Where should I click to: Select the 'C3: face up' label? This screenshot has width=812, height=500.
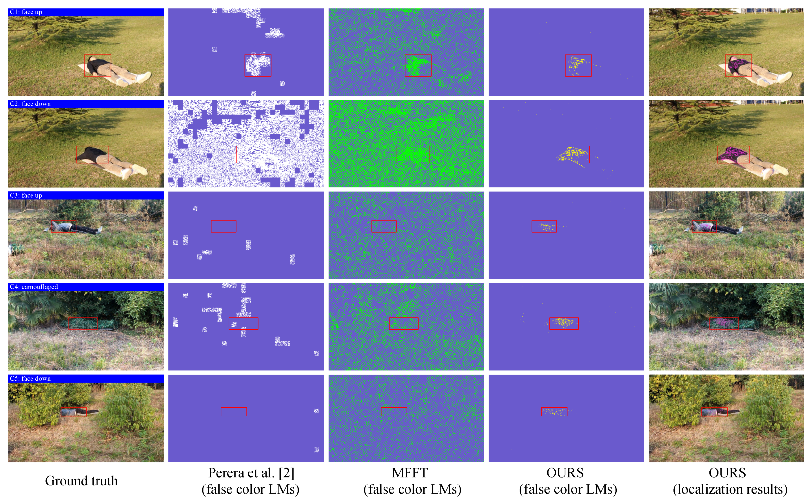coord(26,195)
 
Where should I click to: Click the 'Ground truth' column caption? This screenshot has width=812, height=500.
coord(81,481)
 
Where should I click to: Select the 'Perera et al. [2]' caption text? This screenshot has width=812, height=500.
coord(251,473)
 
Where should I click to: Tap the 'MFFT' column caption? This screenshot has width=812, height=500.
coord(410,473)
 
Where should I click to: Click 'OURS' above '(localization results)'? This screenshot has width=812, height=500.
coord(727,473)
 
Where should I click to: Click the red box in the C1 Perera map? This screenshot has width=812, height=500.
coord(258,65)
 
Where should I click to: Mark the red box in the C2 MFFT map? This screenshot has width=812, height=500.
coord(413,154)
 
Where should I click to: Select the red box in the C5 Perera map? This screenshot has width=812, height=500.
coord(234,412)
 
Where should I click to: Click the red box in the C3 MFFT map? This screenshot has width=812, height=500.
coord(384,226)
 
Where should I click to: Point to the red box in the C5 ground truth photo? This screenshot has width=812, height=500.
coord(74,412)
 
